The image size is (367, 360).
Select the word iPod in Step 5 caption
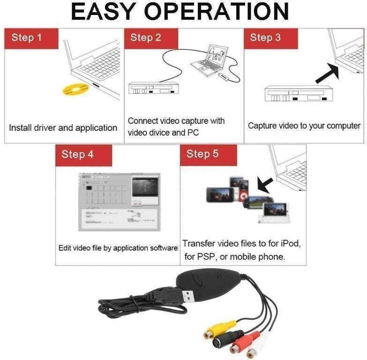coord(290,244)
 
